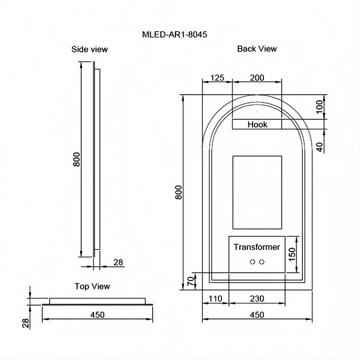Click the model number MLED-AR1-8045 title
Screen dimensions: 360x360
[174, 35]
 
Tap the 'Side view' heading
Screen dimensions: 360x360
[89, 49]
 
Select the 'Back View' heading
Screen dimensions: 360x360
[257, 49]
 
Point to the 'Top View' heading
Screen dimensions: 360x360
[92, 286]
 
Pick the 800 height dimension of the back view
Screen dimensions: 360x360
[178, 192]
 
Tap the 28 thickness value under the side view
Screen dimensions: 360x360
[118, 262]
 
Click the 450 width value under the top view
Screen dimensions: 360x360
[97, 315]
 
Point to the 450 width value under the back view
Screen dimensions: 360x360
[257, 315]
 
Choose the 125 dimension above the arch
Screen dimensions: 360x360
[217, 78]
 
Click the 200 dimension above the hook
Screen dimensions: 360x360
[257, 78]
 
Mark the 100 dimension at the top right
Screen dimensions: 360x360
[319, 107]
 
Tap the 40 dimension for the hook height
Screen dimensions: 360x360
[319, 147]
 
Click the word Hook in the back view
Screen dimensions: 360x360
[257, 124]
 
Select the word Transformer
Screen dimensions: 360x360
[257, 247]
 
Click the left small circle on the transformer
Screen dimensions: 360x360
[252, 262]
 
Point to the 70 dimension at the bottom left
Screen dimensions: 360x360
[190, 281]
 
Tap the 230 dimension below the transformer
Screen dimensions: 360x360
[257, 298]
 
